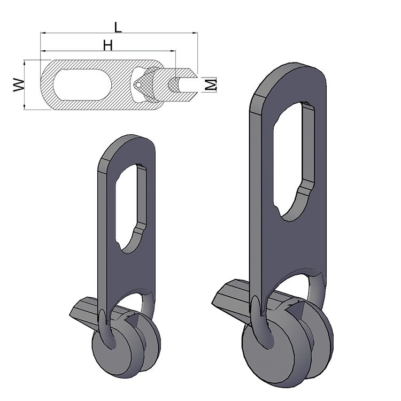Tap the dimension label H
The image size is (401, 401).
tap(107, 46)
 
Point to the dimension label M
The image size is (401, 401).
tap(211, 84)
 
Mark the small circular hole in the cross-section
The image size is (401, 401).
tap(138, 84)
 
